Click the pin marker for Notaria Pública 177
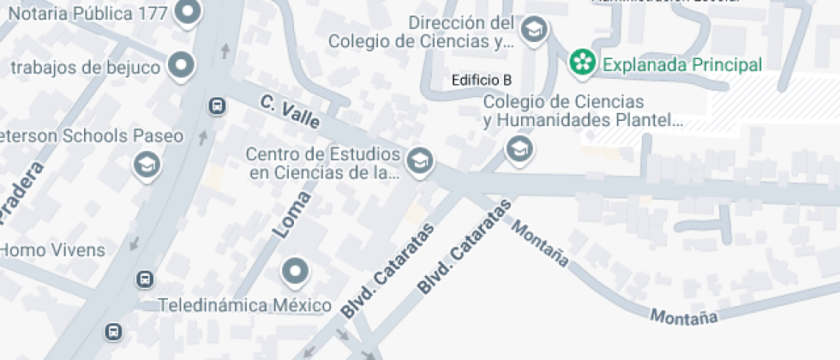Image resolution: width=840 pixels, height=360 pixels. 187,12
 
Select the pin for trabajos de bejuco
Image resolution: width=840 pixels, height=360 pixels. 181,65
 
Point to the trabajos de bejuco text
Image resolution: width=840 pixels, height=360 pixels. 85,68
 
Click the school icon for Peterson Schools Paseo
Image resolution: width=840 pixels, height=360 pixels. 147,165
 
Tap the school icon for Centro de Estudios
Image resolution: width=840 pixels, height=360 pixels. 419,160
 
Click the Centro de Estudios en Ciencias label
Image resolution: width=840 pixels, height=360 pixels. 324,164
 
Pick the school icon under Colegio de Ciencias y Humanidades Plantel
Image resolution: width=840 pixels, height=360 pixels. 519,150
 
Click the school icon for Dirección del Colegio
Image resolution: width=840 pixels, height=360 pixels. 535,31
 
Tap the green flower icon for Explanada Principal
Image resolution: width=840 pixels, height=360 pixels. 583,63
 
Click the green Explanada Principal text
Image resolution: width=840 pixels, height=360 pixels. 681,64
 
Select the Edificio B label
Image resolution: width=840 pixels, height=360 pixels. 482,80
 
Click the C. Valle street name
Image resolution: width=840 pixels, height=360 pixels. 290,112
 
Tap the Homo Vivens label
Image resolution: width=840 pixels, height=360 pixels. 52,250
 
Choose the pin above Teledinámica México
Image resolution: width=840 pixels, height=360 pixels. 296,272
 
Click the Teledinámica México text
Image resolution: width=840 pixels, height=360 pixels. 245,306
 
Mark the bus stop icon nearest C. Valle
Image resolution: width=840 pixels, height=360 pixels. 217,106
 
